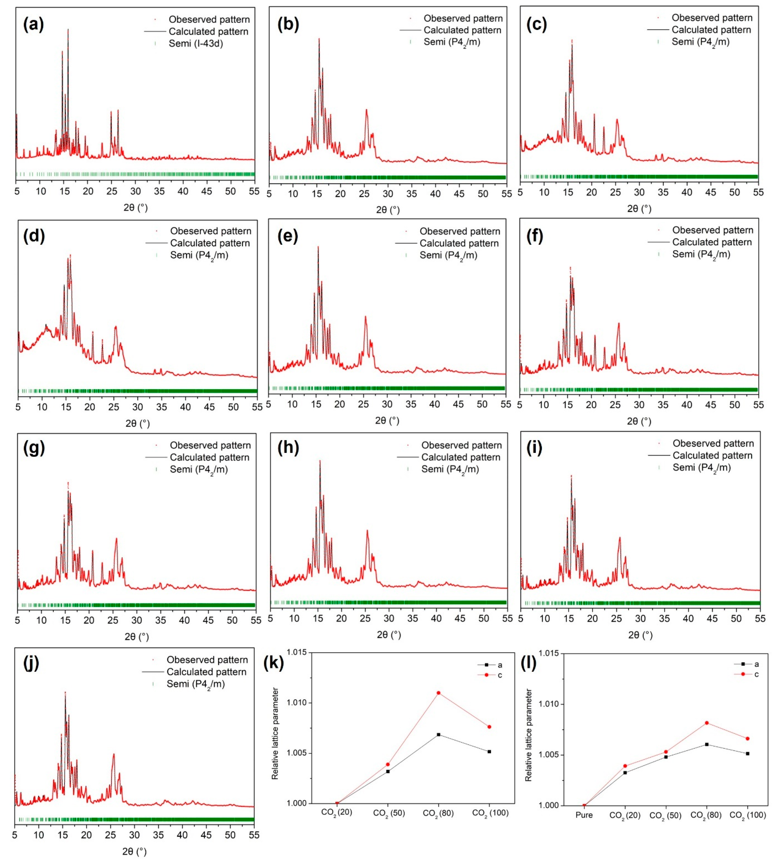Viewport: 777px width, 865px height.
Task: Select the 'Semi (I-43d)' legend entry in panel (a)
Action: [x=196, y=44]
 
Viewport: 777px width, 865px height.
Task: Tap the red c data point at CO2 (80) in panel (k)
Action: [x=438, y=693]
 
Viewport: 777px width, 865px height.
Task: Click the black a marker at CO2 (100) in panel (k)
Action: [x=489, y=751]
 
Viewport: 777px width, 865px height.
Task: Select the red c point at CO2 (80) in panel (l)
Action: [x=707, y=723]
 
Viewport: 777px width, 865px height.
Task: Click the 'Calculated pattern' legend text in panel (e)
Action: [x=459, y=243]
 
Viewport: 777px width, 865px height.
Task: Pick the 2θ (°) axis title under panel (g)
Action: [x=137, y=637]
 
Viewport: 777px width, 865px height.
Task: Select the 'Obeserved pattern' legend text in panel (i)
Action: [x=713, y=444]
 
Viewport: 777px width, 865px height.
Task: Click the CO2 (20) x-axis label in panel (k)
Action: [x=337, y=813]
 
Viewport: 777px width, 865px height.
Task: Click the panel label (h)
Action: [x=288, y=448]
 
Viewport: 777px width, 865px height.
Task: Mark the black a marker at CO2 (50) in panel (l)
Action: [x=666, y=757]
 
